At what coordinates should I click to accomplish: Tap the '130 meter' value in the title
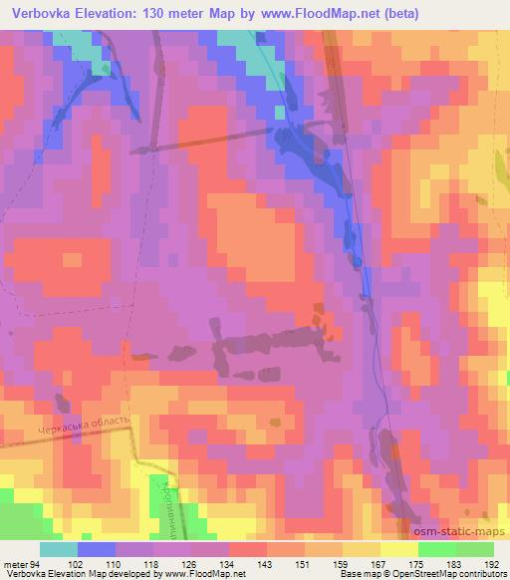173,14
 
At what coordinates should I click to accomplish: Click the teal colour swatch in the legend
59,549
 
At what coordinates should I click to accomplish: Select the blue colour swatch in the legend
97,549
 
